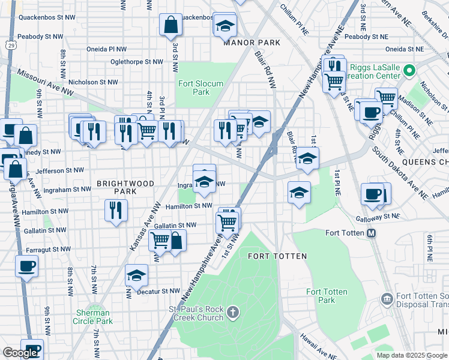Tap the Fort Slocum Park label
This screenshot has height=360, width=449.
[x=201, y=88]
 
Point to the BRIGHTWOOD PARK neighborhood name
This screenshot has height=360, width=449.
[x=125, y=187]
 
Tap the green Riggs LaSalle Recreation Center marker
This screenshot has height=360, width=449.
[x=409, y=71]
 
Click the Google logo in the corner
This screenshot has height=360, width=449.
[x=20, y=352]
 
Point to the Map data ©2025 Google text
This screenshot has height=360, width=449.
[x=411, y=355]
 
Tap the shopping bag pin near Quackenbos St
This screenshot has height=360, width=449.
[x=170, y=25]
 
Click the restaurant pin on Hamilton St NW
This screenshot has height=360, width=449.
[x=115, y=211]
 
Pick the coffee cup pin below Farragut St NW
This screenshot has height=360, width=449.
[x=26, y=266]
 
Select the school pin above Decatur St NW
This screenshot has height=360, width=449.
[x=137, y=275]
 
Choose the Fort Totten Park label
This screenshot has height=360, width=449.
[x=327, y=296]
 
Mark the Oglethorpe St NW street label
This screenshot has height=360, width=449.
[x=137, y=61]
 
